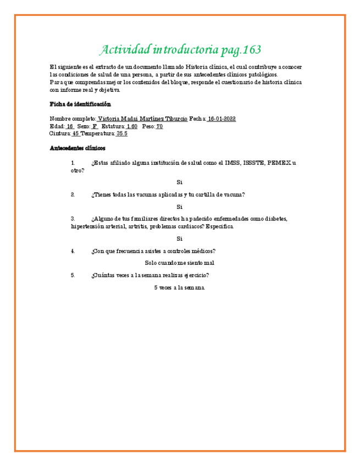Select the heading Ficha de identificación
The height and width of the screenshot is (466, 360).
pyautogui.click(x=80, y=104)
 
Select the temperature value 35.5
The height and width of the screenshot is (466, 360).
pyautogui.click(x=122, y=133)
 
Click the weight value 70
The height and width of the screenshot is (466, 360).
pyautogui.click(x=159, y=126)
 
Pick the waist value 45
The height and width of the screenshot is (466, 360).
pyautogui.click(x=76, y=133)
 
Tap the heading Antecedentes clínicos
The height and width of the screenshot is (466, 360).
pyautogui.click(x=77, y=148)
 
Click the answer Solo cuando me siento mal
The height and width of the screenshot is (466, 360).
pyautogui.click(x=179, y=263)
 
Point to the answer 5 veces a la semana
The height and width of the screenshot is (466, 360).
pyautogui.click(x=179, y=288)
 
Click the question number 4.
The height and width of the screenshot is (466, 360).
pyautogui.click(x=73, y=251)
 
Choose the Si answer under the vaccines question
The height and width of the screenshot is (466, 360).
pyautogui.click(x=179, y=207)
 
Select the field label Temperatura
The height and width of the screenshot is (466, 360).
pyautogui.click(x=98, y=133)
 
